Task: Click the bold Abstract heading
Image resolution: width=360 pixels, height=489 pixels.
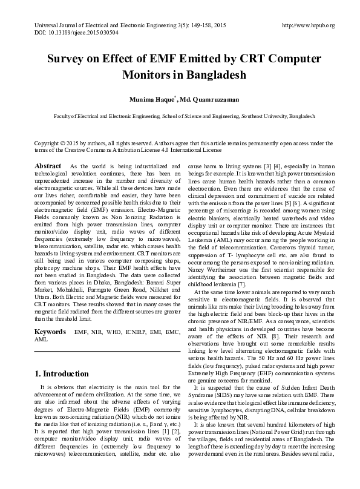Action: pos(47,166)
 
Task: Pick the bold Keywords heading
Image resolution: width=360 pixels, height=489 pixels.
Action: pos(50,333)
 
